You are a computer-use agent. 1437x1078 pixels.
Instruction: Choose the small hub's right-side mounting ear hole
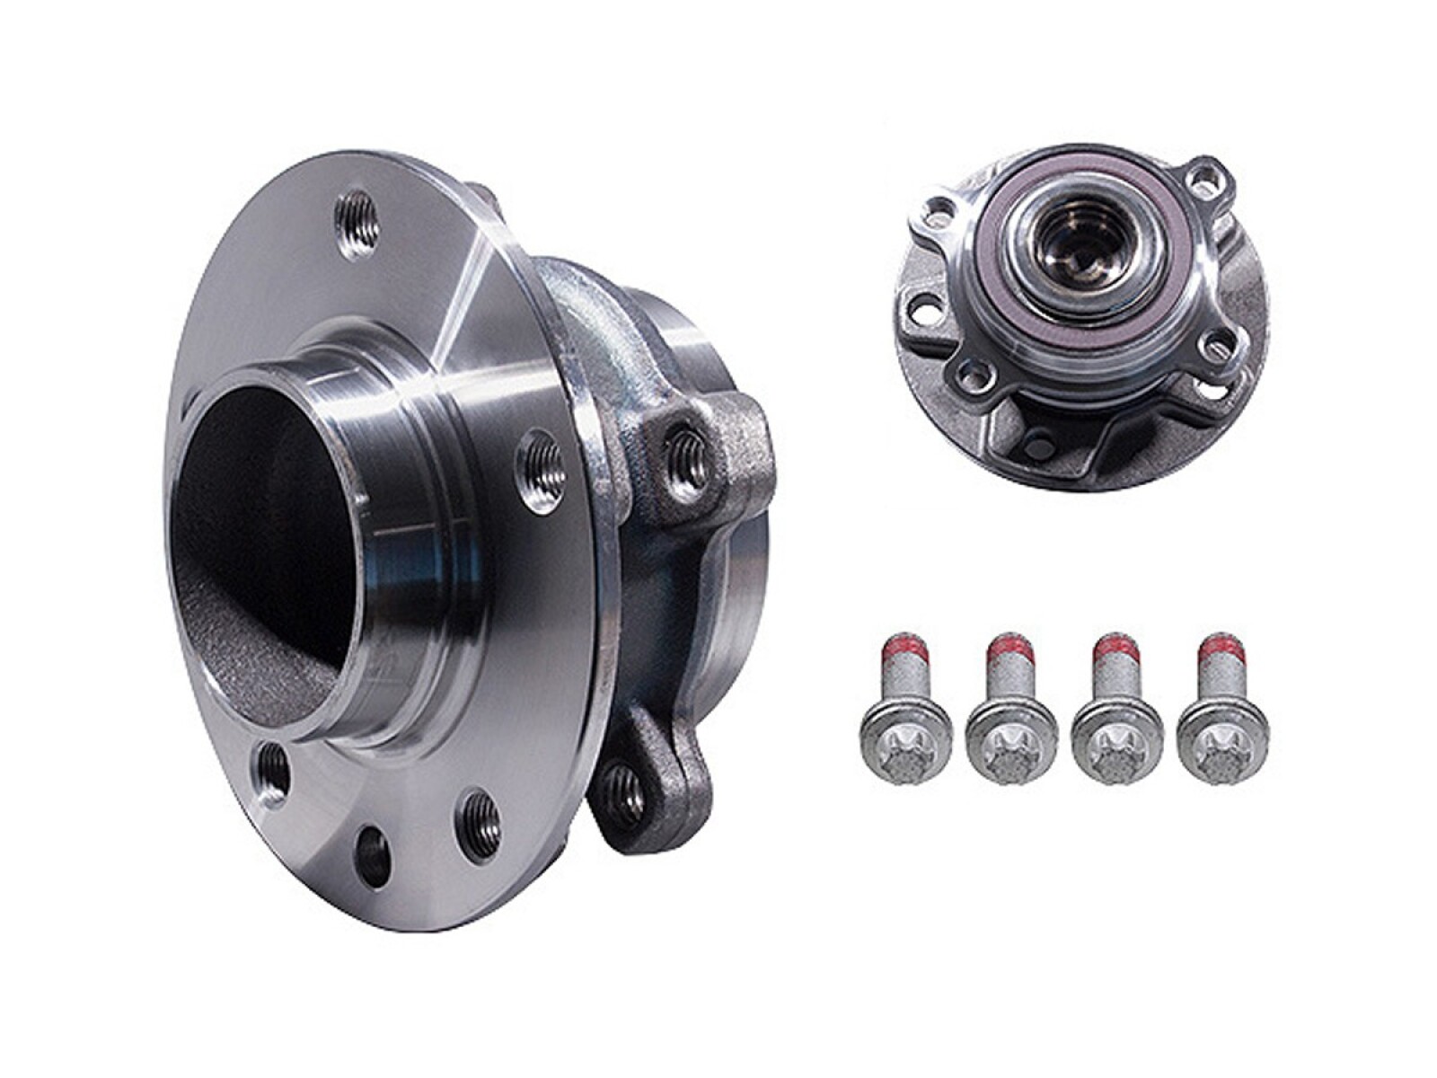[x=1219, y=341]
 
